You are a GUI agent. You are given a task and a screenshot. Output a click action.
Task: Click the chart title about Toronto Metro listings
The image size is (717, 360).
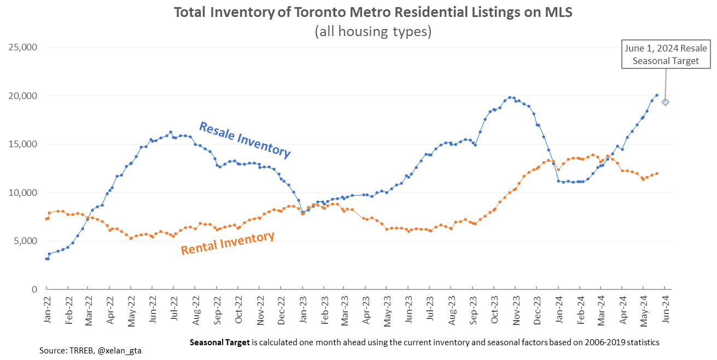click(x=373, y=13)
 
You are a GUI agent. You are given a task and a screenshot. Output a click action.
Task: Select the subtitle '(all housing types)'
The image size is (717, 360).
click(x=373, y=32)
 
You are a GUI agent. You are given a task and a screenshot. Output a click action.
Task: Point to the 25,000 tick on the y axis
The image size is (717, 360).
click(x=22, y=48)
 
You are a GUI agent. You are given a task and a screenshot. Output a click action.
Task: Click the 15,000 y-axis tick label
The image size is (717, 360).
click(x=22, y=144)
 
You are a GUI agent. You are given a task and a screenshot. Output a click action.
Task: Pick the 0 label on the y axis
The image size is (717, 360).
click(x=34, y=289)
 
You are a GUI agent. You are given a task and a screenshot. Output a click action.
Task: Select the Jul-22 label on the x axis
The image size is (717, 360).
click(x=174, y=310)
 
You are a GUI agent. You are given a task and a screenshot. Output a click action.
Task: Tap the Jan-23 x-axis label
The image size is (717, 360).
click(x=303, y=310)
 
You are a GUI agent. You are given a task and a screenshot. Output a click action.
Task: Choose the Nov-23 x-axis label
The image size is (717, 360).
click(x=516, y=310)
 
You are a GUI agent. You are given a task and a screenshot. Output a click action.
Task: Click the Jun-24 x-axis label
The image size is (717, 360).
click(x=665, y=310)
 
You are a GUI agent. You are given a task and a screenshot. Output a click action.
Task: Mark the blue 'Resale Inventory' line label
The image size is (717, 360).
click(x=244, y=140)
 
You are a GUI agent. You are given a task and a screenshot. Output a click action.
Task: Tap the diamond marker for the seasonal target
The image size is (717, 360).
click(x=665, y=102)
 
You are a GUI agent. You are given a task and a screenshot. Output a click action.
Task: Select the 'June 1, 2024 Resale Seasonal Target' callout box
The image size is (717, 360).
click(x=666, y=55)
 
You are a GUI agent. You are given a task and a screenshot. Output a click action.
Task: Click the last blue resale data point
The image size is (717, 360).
click(x=656, y=95)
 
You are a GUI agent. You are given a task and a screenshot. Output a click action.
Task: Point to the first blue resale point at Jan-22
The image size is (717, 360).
click(x=46, y=259)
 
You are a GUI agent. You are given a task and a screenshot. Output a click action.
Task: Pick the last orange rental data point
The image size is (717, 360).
click(x=656, y=173)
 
